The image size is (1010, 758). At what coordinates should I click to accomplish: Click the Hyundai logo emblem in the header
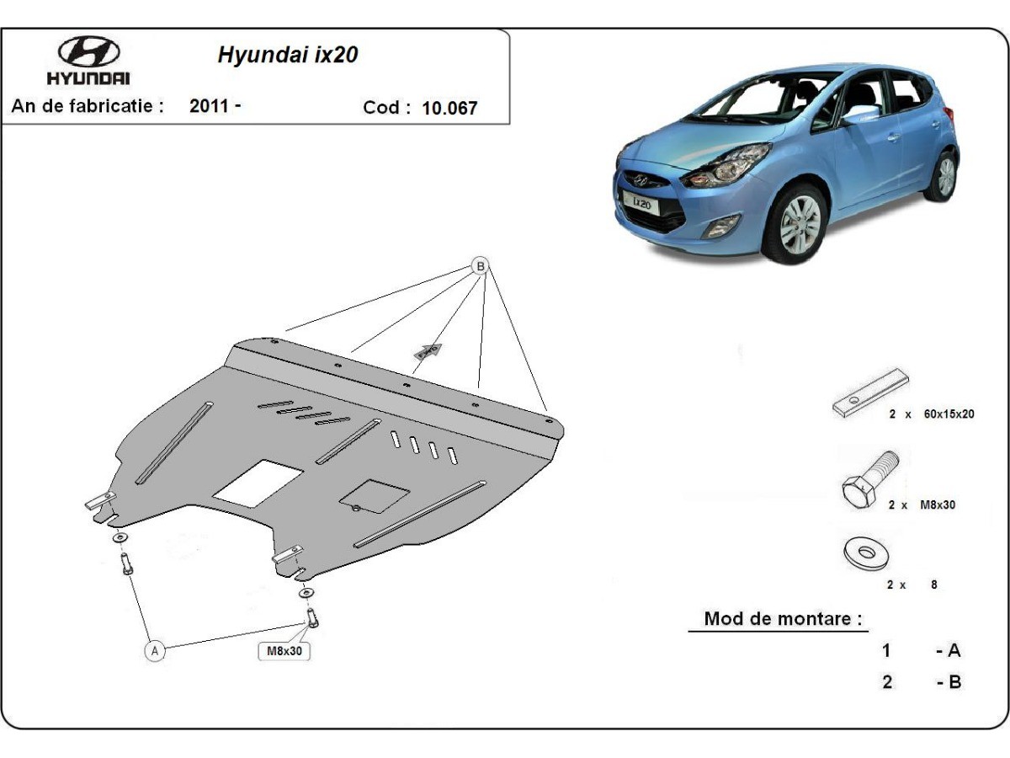coord(89,51)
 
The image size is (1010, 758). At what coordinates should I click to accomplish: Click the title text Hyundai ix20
coord(288,55)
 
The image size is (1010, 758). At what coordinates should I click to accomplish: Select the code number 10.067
coord(449,108)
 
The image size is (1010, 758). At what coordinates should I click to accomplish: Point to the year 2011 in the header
coord(210,106)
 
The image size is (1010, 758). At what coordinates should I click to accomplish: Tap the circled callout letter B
coord(481,266)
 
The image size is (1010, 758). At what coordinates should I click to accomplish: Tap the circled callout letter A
coord(155,651)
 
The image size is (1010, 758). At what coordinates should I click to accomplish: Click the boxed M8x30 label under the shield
coord(284,651)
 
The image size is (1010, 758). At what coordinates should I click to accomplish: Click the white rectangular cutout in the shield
coord(258,483)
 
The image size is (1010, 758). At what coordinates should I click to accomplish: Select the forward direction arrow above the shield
coord(428,351)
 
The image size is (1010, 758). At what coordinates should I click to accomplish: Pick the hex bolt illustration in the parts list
coord(869,479)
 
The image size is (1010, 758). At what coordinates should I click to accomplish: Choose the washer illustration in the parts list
coord(865,552)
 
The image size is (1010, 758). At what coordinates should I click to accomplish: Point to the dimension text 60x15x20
coord(949,414)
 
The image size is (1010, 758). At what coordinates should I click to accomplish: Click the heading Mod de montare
coord(783,618)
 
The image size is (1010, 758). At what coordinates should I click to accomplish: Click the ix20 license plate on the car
coord(641,202)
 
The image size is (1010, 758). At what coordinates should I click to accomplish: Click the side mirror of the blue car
coord(859,115)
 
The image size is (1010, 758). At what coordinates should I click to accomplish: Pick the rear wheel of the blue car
coord(943,176)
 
